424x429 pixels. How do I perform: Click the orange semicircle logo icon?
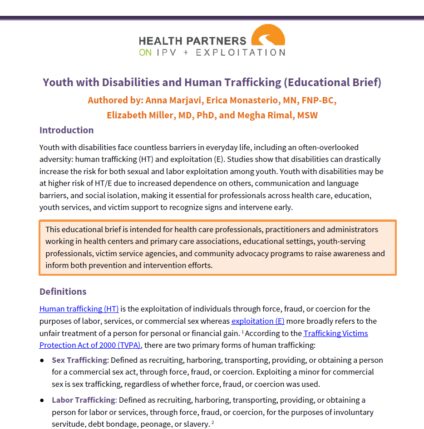click(x=268, y=36)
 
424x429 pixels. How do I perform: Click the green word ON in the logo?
click(x=145, y=53)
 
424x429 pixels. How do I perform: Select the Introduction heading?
click(x=66, y=130)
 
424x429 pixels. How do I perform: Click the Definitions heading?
click(x=63, y=291)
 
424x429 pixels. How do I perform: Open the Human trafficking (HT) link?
click(x=79, y=309)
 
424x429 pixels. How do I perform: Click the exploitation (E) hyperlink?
click(x=258, y=321)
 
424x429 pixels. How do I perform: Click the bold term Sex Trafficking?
click(x=79, y=360)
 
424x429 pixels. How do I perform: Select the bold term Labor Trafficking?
click(x=84, y=400)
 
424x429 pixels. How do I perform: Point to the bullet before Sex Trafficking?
click(x=42, y=361)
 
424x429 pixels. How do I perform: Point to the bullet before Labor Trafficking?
click(x=42, y=400)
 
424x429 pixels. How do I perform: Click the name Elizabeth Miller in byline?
click(x=141, y=115)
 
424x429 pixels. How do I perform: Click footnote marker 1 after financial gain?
click(x=243, y=332)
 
